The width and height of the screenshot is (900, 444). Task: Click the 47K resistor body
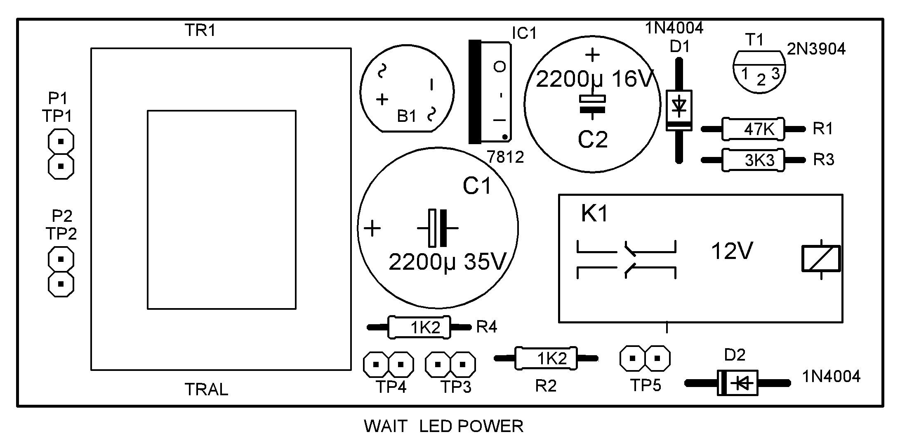click(753, 129)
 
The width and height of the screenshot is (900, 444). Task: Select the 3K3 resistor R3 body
click(753, 160)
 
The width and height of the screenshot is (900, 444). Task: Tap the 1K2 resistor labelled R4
click(419, 328)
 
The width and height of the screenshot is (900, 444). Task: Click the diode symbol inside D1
click(679, 106)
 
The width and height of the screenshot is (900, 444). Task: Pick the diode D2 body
click(738, 383)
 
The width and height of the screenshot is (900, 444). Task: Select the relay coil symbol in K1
click(821, 259)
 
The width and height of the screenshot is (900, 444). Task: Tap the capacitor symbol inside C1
click(438, 228)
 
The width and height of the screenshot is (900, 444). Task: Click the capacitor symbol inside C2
click(592, 104)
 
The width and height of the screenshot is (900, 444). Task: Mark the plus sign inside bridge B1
click(382, 99)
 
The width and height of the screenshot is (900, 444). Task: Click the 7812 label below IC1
click(505, 157)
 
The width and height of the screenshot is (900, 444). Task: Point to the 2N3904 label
click(816, 49)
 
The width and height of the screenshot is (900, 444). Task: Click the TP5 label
click(646, 385)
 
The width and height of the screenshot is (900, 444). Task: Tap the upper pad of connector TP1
click(61, 142)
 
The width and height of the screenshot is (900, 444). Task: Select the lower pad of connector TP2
click(61, 284)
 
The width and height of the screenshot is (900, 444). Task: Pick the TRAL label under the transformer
click(206, 389)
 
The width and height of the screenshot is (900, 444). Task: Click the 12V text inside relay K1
click(732, 251)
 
